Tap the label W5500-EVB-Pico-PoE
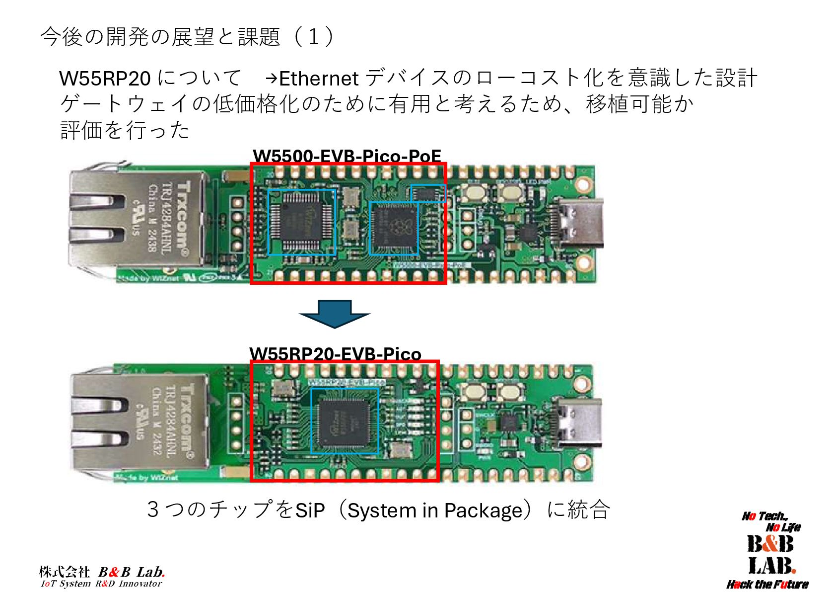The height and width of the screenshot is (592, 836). click(347, 157)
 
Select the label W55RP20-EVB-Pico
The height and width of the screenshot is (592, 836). click(335, 354)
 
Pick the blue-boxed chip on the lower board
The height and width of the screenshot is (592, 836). click(345, 421)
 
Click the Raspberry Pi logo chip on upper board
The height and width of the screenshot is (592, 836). click(394, 228)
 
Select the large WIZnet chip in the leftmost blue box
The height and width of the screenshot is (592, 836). click(301, 222)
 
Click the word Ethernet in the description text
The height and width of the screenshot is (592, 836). click(319, 79)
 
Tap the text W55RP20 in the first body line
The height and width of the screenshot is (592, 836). click(104, 79)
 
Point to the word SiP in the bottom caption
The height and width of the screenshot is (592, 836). click(310, 510)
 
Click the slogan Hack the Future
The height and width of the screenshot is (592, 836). click(767, 584)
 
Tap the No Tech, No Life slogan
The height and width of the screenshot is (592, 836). click(771, 521)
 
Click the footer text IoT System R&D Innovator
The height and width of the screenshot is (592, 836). click(101, 584)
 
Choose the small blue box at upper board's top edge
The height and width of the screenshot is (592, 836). click(427, 193)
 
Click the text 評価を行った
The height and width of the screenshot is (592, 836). click(125, 130)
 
